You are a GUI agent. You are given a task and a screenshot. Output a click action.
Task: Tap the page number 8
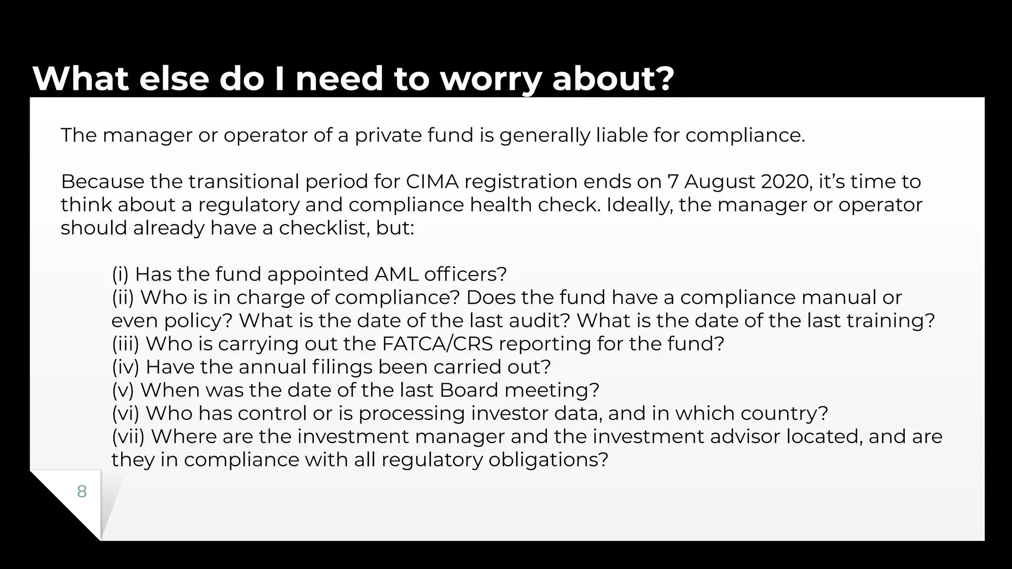(82, 491)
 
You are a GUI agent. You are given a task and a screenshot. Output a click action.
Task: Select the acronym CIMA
(432, 182)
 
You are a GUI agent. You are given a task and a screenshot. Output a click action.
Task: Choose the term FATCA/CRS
(437, 344)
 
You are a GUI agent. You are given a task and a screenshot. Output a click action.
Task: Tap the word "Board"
(468, 390)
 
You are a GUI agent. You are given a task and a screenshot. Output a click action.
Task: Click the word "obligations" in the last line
(548, 460)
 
